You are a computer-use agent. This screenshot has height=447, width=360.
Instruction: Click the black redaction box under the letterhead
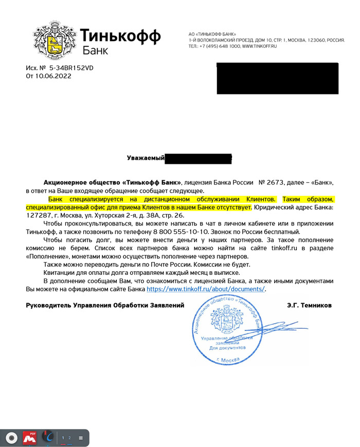[277, 78]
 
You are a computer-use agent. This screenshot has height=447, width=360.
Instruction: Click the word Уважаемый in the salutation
[145, 158]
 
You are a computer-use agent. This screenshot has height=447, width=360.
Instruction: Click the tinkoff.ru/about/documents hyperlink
[206, 289]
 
